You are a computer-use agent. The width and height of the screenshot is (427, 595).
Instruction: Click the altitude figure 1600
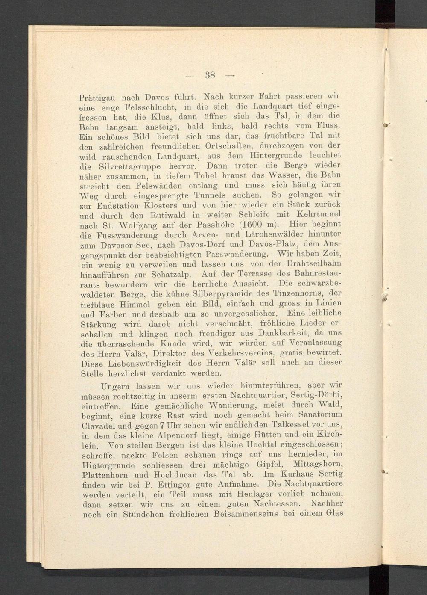259,225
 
